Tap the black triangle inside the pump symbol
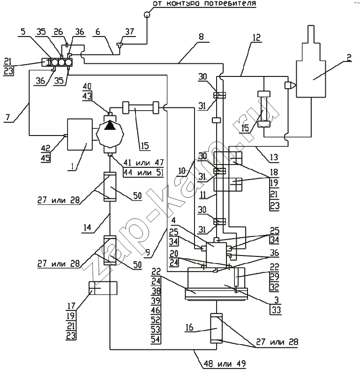tap(110, 125)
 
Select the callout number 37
tap(129, 32)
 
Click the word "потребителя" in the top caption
tap(228, 3)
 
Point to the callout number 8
tap(202, 37)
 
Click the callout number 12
tap(257, 38)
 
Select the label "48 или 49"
tap(225, 363)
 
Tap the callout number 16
tap(189, 327)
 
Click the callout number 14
tap(87, 227)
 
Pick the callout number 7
tap(8, 117)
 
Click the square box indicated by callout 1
tap(80, 135)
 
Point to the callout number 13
tap(274, 157)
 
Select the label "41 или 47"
tap(143, 163)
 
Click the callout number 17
tap(71, 306)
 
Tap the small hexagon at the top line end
tap(147, 15)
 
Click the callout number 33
tap(277, 310)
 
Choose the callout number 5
tap(23, 31)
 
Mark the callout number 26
tap(59, 32)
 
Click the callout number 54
tap(156, 339)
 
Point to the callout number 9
tap(148, 252)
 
